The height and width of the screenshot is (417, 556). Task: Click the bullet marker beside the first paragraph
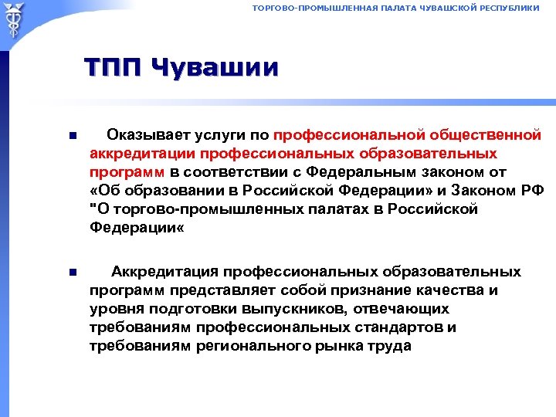click(72, 137)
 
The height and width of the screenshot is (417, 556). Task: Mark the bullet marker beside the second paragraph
click(72, 273)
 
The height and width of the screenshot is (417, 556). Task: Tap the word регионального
click(247, 346)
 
